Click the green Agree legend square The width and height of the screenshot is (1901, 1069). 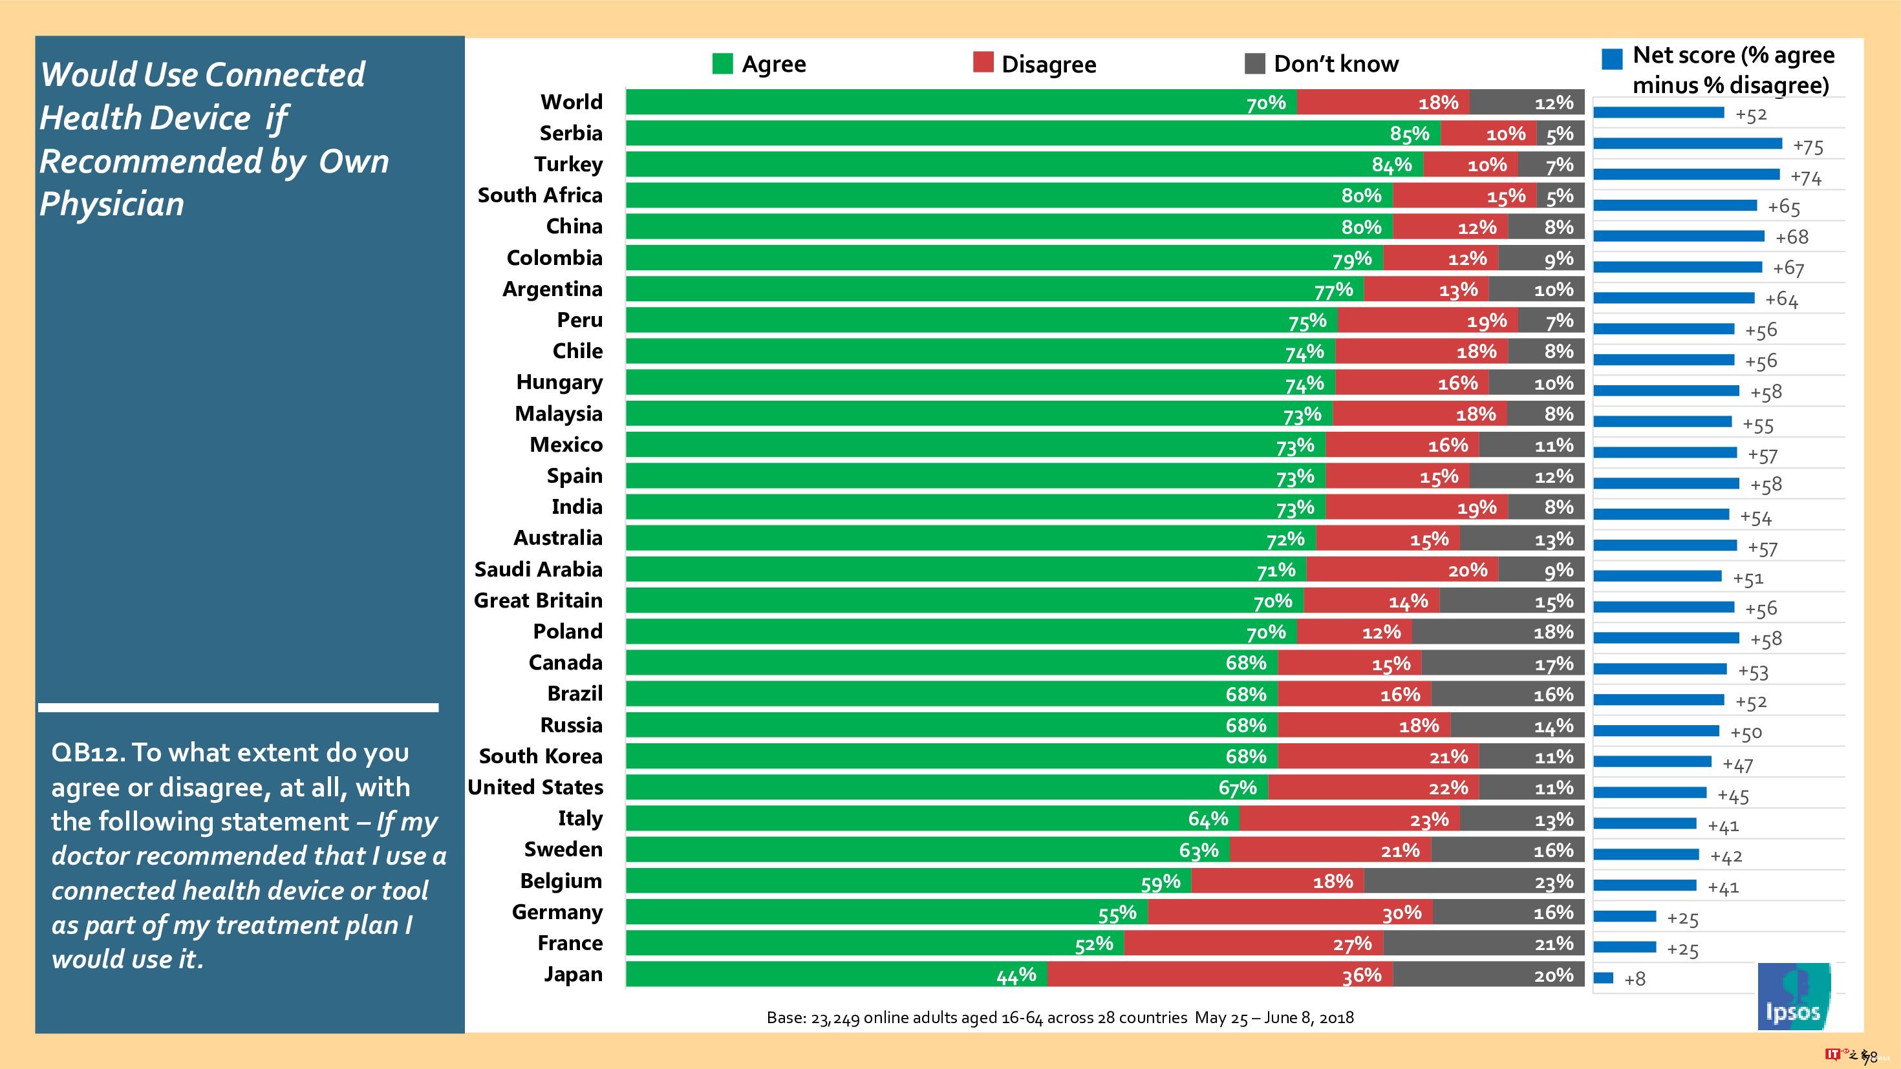pos(722,63)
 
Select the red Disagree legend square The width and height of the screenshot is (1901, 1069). pos(983,63)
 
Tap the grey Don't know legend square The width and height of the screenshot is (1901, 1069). pos(1254,63)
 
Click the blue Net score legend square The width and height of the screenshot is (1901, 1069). pos(1612,59)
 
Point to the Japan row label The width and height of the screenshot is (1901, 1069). pos(573,975)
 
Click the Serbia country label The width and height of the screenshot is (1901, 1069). pos(570,132)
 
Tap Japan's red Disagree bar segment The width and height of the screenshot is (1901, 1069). pos(1219,975)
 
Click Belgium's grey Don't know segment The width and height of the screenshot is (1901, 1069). pos(1474,881)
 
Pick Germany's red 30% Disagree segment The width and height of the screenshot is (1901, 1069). pos(1289,913)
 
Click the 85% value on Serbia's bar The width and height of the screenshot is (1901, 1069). pos(1409,134)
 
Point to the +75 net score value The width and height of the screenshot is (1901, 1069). pos(1807,146)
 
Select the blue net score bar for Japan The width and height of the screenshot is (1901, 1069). pos(1603,977)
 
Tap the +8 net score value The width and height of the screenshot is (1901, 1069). pos(1635,979)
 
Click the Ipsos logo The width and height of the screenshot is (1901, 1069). pos(1793,996)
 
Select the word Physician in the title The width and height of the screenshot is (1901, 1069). pos(111,204)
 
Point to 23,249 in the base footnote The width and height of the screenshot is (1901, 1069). pos(835,1018)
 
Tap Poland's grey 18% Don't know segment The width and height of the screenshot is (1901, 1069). pos(1498,632)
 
